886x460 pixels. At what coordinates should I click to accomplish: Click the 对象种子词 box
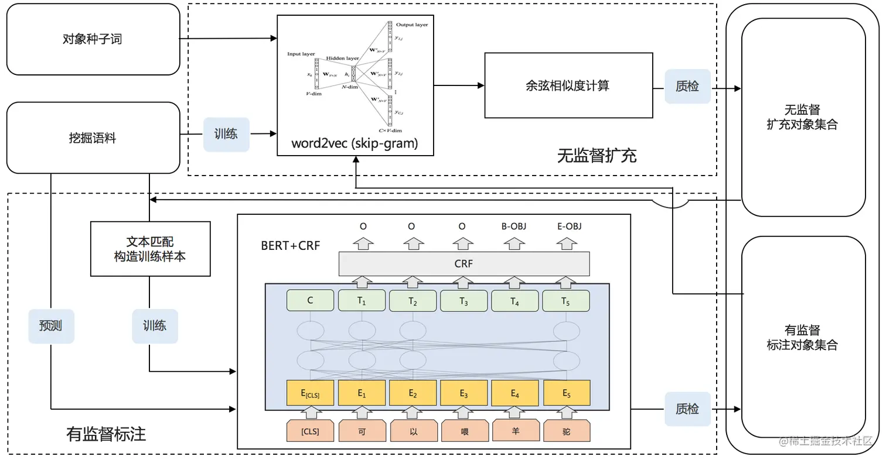93,40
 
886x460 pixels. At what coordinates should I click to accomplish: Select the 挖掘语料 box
93,138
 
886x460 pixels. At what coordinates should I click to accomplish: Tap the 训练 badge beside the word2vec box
226,134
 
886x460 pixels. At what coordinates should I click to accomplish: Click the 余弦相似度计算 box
568,85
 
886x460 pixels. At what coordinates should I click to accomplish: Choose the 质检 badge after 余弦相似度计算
687,86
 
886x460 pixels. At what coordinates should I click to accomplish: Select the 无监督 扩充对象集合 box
803,117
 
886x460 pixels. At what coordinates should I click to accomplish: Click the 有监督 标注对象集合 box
803,338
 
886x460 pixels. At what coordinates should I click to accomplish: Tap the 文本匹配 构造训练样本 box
150,249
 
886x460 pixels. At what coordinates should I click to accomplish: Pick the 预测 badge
51,326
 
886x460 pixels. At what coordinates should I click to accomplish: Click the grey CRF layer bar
464,264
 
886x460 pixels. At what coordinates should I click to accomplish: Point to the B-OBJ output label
514,226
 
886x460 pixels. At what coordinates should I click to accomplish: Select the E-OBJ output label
566,226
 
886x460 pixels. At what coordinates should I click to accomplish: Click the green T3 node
464,301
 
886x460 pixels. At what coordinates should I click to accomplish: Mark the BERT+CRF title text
291,245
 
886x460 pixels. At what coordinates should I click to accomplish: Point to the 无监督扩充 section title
597,156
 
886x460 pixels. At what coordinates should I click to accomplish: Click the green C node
310,301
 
